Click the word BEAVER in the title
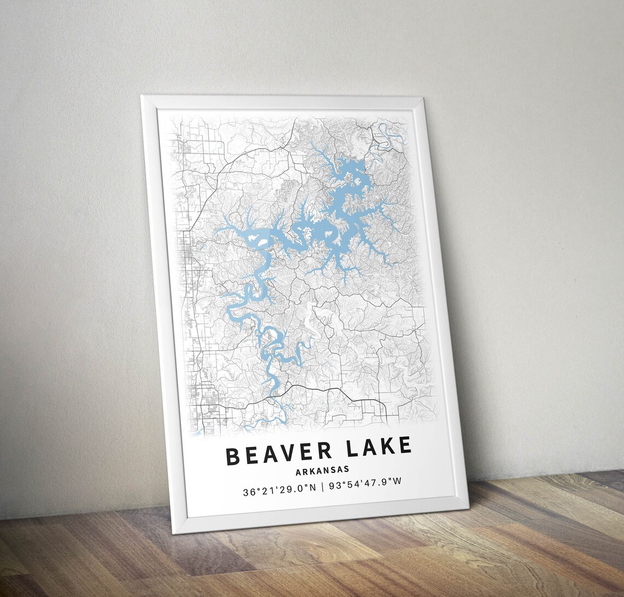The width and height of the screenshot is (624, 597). tap(278, 454)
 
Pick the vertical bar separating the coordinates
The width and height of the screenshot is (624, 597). tap(322, 486)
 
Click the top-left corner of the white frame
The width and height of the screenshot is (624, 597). tap(142, 97)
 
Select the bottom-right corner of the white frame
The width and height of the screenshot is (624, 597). tap(468, 507)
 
